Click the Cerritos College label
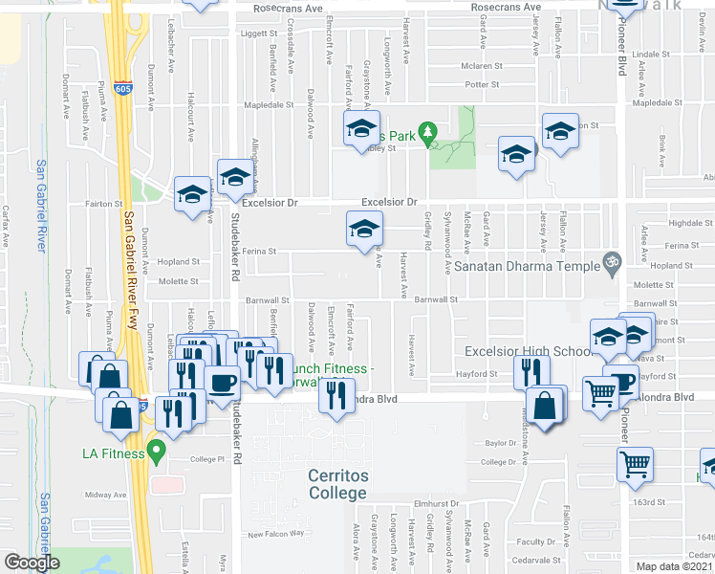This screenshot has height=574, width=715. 336,484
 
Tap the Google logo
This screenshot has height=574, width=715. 32,563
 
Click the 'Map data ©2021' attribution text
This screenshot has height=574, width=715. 674,567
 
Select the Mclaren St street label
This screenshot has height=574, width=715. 482,67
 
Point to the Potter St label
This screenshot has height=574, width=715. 482,85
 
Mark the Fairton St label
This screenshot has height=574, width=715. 104,204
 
